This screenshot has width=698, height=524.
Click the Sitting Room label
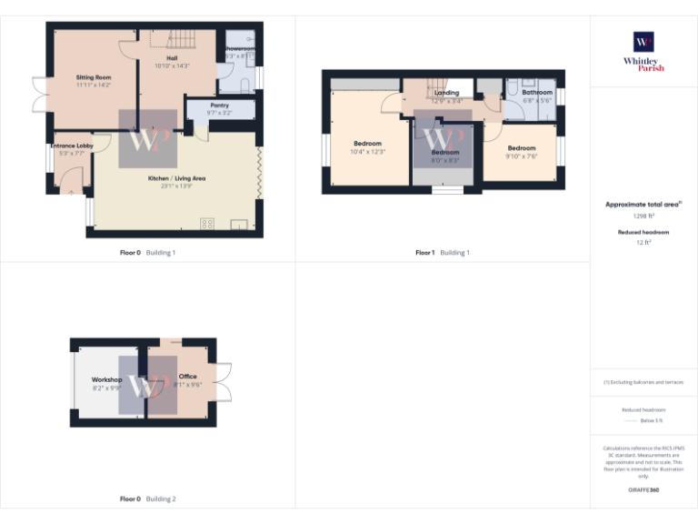[x=93, y=78]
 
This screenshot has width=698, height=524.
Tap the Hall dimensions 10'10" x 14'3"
[x=172, y=65]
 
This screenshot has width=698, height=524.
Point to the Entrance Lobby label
[x=71, y=146]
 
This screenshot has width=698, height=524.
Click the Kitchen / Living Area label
[x=176, y=178]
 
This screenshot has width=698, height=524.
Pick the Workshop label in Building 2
[x=106, y=379]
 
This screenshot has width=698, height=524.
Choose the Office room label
[x=187, y=377]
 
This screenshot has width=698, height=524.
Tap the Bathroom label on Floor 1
[x=537, y=93]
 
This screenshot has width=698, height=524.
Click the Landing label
[x=447, y=93]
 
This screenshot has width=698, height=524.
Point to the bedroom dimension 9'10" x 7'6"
[x=522, y=156]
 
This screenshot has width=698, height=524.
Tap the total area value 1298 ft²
[x=643, y=217]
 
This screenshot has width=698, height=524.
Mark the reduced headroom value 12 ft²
[x=643, y=243]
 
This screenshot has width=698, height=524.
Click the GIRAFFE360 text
[x=643, y=491]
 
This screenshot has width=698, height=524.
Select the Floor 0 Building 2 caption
[x=148, y=499]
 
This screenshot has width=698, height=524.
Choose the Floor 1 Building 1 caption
[x=443, y=252]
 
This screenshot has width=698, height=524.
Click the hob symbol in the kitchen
[x=207, y=224]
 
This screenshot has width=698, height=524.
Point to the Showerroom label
[x=240, y=48]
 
